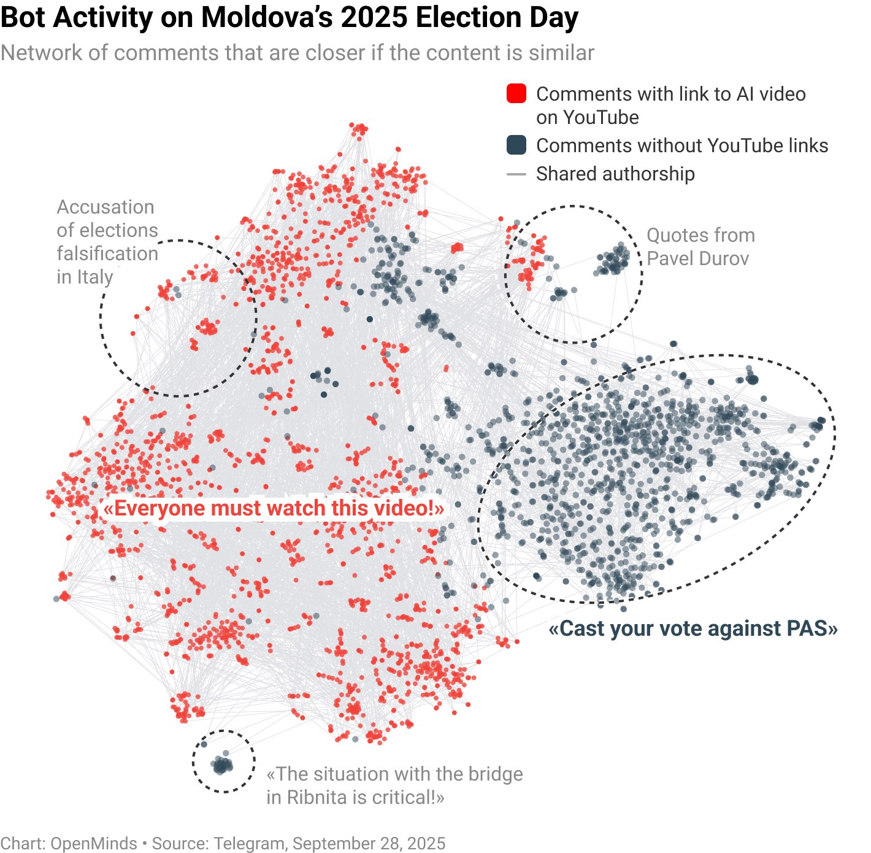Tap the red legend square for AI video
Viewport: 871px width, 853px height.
(x=516, y=94)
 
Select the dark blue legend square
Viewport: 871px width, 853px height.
(x=516, y=145)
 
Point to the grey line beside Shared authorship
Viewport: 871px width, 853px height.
(x=516, y=174)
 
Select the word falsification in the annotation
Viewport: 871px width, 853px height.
(x=107, y=253)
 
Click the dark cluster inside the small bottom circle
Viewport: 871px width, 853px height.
(x=222, y=765)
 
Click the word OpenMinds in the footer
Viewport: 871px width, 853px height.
(x=94, y=843)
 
